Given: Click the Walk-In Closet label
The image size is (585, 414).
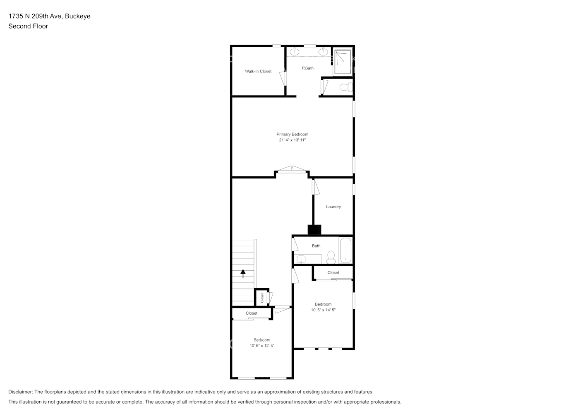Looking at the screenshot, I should (258, 71).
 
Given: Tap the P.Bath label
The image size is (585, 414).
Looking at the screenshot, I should (307, 68).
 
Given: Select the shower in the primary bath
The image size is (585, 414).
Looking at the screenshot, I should (343, 62).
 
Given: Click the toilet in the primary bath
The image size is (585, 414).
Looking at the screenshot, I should (345, 87).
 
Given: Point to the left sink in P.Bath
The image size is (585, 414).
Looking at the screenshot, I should (295, 52).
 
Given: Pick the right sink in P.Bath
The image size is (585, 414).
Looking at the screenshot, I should (324, 52).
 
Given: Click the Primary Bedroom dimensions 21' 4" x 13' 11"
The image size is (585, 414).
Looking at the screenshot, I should (292, 140).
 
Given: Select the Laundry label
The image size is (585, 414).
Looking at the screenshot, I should (333, 207).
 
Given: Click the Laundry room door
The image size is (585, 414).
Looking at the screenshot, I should (315, 187).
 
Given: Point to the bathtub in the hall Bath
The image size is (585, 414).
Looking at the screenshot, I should (345, 250).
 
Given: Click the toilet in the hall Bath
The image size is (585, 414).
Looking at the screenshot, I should (331, 258).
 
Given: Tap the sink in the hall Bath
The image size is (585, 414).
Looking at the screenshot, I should (302, 259).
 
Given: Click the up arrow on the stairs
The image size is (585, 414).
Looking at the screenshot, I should (243, 273).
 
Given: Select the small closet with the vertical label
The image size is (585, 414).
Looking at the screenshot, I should (262, 297).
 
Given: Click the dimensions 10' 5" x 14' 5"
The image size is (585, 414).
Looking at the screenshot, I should (323, 310).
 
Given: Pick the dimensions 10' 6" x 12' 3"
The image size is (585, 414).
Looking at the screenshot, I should (262, 346).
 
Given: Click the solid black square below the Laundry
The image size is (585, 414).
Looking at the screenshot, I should (314, 230).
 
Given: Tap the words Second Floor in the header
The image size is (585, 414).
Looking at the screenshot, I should (28, 26).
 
